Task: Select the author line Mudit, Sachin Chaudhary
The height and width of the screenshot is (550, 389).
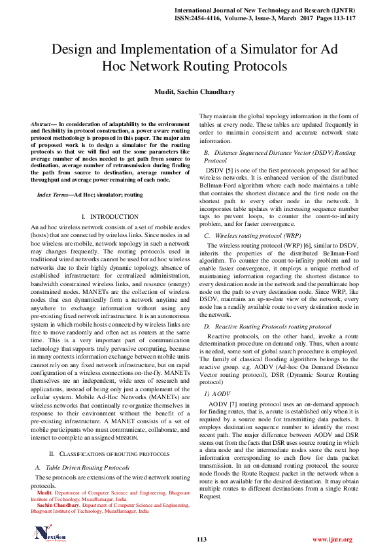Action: click(194, 92)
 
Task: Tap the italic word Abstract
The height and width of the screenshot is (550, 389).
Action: click(43, 123)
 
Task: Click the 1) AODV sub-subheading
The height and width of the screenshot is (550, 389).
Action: click(217, 395)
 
